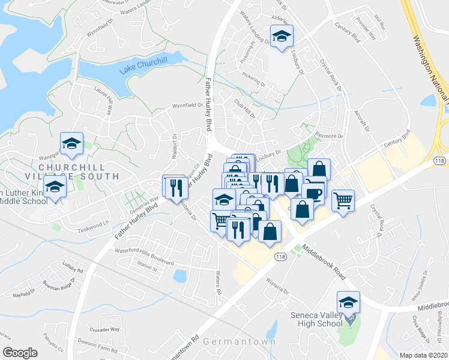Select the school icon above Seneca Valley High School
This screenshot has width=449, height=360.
[x=348, y=302]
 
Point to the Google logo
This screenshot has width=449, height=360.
[x=20, y=353]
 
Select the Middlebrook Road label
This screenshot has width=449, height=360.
[x=324, y=262]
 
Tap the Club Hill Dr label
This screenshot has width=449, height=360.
[x=245, y=109]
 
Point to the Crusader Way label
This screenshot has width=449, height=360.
[x=106, y=329]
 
